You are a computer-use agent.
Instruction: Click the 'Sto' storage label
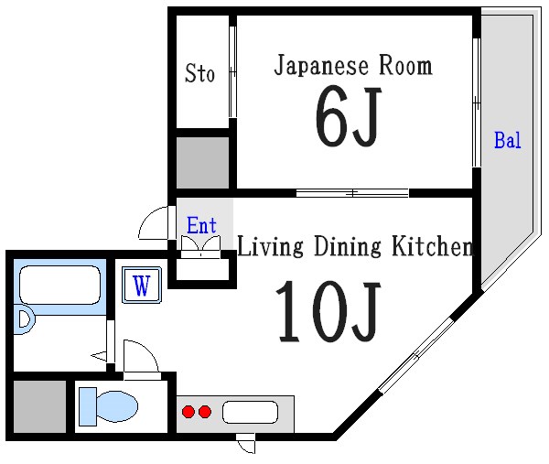pos(200,73)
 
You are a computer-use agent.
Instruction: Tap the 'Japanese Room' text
pos(353,66)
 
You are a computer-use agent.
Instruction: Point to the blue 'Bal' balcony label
pos(507,141)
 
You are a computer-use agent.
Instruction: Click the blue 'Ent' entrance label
pos(201,225)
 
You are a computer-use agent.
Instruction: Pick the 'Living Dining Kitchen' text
pos(355,247)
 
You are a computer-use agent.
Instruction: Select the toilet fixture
pos(108,405)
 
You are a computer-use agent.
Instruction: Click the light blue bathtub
pos(59,287)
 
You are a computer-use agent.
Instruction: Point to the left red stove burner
pos(188,412)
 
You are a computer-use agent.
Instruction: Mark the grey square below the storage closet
pos(201,163)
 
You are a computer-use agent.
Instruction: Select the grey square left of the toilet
pos(41,405)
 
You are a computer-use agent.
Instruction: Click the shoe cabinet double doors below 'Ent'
pos(201,245)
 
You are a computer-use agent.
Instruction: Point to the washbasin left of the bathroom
pos(24,320)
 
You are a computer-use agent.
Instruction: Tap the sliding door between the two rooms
pos(352,193)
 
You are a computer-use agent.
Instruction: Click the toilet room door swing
pos(139,358)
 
